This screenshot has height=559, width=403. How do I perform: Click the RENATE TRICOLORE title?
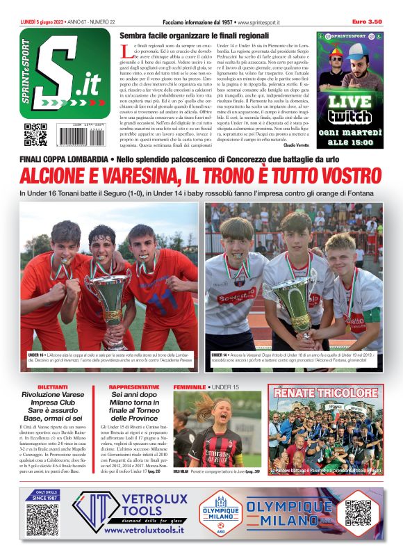325,393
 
